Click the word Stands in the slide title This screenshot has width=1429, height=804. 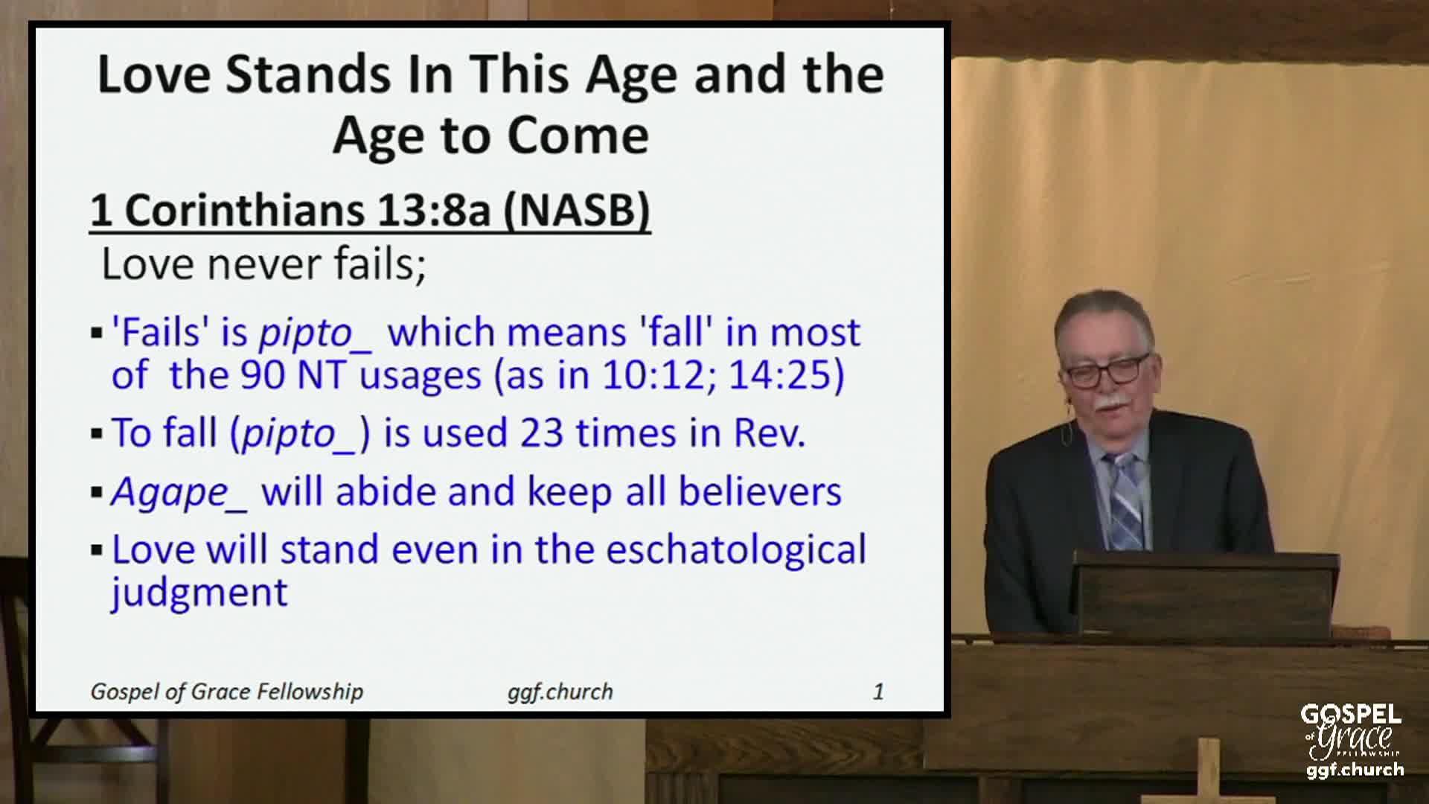[307, 74]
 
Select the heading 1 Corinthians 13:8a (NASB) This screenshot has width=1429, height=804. [370, 211]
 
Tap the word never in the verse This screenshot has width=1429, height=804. [263, 264]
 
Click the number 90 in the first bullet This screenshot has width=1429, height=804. [262, 374]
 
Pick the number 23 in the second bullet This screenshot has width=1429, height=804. [541, 433]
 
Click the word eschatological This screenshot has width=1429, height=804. [735, 549]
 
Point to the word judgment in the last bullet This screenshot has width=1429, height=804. [199, 593]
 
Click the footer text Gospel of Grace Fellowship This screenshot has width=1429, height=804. [226, 692]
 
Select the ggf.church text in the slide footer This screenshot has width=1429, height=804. [560, 692]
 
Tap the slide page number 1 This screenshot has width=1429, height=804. [878, 692]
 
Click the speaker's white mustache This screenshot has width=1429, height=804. [1113, 404]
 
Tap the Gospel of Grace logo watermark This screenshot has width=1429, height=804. [1352, 741]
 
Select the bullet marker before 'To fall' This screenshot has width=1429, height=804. [97, 433]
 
